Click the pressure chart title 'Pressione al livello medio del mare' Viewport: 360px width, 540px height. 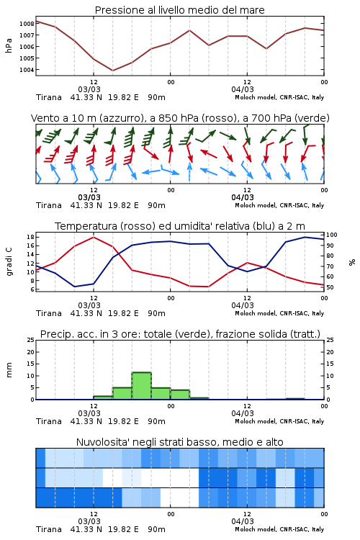[179, 10]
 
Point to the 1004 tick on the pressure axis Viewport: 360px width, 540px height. [27, 70]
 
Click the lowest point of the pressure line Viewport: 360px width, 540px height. [112, 71]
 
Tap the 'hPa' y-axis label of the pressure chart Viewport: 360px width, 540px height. [9, 45]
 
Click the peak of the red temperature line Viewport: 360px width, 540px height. [94, 237]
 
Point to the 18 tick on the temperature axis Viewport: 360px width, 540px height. [30, 237]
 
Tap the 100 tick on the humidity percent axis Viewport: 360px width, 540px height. [332, 235]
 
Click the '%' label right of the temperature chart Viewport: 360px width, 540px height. [352, 262]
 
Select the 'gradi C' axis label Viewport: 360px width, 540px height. [9, 262]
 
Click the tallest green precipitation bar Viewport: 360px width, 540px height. [142, 386]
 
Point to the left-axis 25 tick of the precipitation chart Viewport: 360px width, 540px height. [31, 340]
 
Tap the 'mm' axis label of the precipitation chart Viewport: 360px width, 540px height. [9, 370]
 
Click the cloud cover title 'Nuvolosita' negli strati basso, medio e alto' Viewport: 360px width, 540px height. [179, 442]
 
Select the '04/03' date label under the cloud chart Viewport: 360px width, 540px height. [243, 521]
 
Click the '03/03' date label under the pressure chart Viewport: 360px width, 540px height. [89, 89]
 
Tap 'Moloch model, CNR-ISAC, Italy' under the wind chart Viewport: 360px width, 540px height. [279, 205]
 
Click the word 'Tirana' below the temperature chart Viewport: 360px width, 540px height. [49, 313]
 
